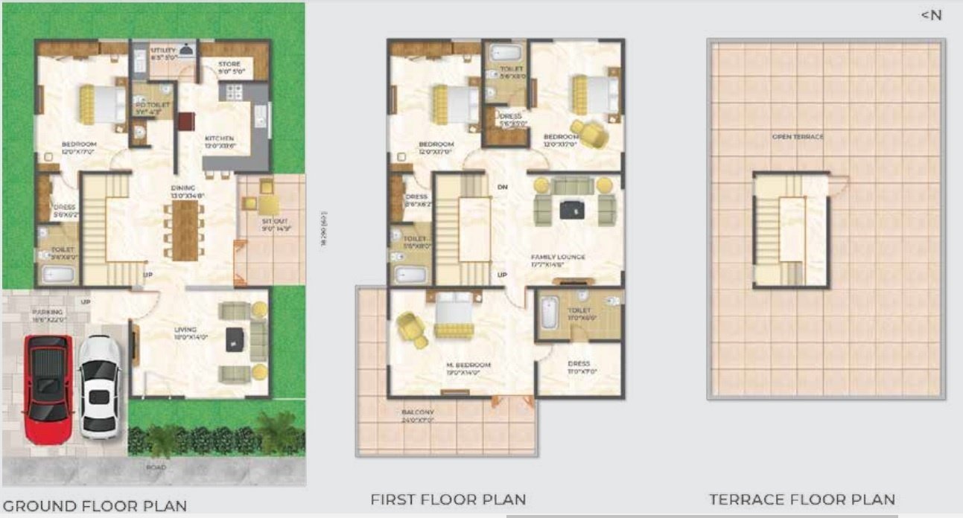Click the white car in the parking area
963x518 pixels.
coord(99,386)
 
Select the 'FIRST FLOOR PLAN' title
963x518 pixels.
coord(448,499)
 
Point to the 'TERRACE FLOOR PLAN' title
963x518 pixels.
coord(801,499)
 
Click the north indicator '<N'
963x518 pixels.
coord(931,15)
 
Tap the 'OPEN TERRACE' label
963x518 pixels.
coord(798,137)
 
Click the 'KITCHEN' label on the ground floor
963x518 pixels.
coord(220,138)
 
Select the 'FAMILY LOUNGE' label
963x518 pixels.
coord(558,257)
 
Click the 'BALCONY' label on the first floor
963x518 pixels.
coord(418,412)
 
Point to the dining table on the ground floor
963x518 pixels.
coord(185,230)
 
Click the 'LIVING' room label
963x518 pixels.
coord(185,329)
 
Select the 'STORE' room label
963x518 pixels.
coord(229,65)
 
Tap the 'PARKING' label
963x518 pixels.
coord(47,313)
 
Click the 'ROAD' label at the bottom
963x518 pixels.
coord(156,467)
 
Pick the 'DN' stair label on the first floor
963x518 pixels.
coord(503,188)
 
